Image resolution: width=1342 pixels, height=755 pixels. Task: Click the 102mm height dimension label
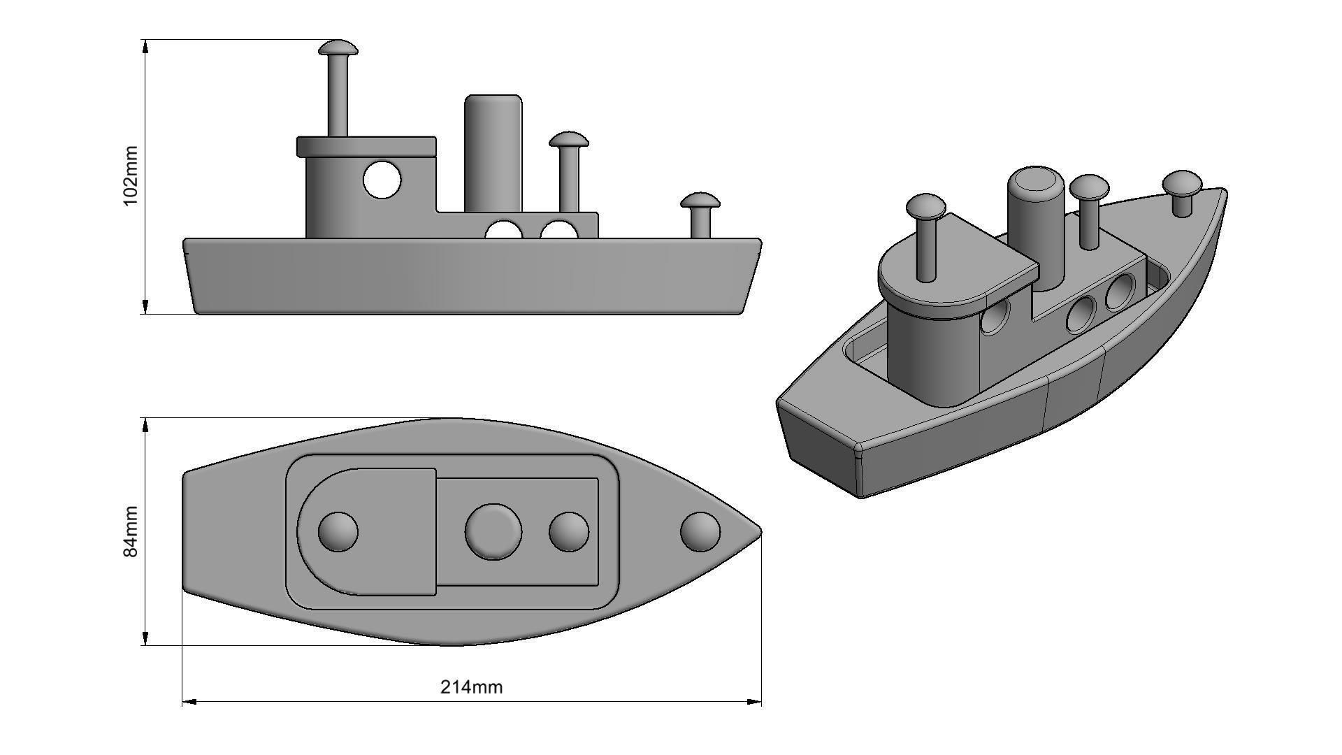click(130, 176)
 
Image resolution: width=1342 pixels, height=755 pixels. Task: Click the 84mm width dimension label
click(130, 532)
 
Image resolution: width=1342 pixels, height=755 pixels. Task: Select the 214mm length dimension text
click(471, 686)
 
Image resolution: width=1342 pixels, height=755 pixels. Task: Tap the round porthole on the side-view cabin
click(382, 180)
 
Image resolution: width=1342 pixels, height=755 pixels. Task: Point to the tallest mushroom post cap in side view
click(338, 48)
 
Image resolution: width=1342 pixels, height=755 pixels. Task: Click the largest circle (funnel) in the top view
click(493, 531)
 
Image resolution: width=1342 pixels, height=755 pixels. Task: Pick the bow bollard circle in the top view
click(700, 531)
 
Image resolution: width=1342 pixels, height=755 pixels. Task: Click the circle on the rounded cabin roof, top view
click(338, 531)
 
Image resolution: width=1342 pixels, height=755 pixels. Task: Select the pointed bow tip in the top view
click(759, 531)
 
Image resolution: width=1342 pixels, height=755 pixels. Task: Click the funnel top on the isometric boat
click(1036, 184)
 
